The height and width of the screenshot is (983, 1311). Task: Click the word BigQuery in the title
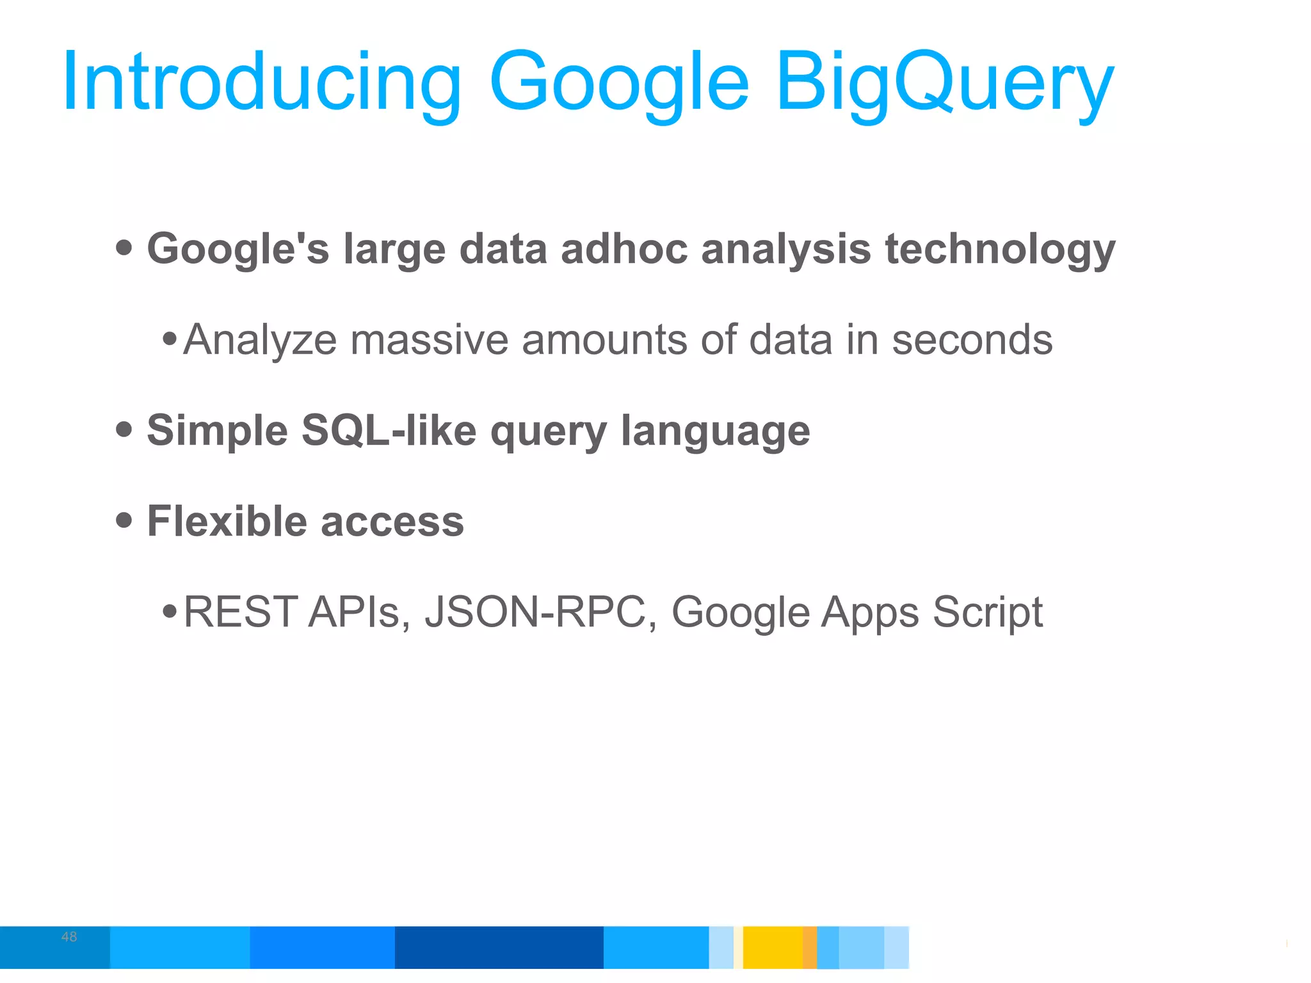pos(945,83)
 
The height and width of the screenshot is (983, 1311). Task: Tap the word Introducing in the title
pos(261,83)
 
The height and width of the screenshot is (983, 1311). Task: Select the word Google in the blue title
pos(618,83)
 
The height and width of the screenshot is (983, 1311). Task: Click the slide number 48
pos(69,937)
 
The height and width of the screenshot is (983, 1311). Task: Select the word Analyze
pos(260,340)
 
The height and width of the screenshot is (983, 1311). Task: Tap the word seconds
pos(972,340)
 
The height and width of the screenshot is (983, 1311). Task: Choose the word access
pos(392,522)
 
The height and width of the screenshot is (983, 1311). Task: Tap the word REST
pos(241,612)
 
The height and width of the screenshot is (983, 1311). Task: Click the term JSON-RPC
pos(535,612)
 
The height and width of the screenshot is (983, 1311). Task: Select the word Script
pos(987,613)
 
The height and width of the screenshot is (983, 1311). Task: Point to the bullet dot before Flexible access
pos(124,520)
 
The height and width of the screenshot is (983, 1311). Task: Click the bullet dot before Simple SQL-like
pos(124,429)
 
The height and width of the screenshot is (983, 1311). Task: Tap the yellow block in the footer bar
pos(773,947)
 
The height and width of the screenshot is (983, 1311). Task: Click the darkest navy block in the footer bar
pos(499,947)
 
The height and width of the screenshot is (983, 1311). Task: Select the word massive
pos(429,340)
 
